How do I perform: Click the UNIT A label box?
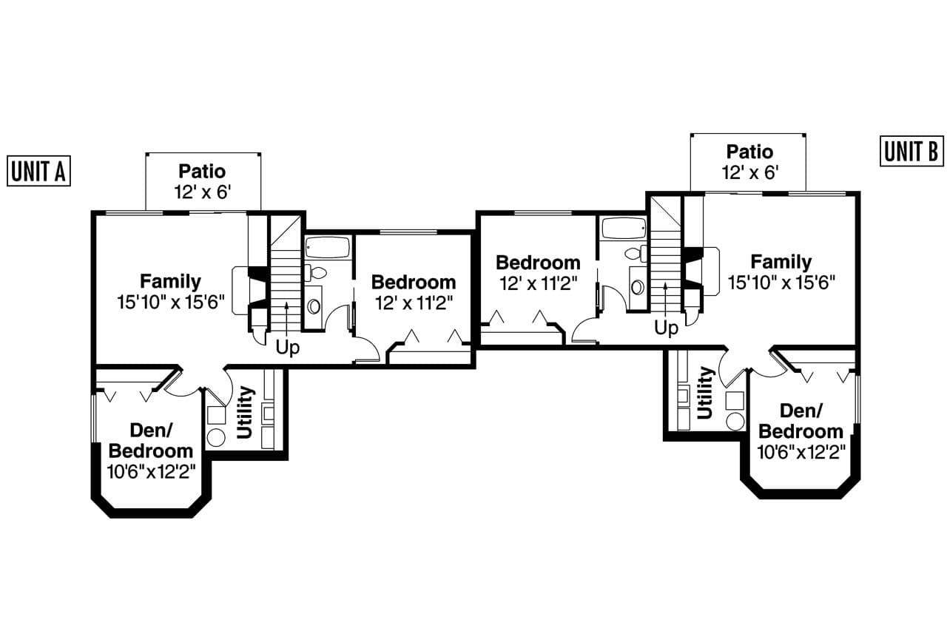pos(38,171)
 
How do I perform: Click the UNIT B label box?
pos(911,151)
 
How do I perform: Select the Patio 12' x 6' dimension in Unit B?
pos(749,173)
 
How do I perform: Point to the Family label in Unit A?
pos(170,281)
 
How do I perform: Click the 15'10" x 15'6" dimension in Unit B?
pos(781,282)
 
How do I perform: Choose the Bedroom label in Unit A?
pos(414,282)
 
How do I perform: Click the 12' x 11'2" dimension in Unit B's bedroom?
pos(538,283)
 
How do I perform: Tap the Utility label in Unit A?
pos(245,412)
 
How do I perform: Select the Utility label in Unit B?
pos(705,393)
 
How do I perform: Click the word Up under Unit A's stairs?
pos(288,348)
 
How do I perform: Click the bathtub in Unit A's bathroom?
pos(327,247)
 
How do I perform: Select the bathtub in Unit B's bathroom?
pos(624,228)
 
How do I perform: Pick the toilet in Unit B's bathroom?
pos(635,254)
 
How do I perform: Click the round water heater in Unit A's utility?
pos(215,436)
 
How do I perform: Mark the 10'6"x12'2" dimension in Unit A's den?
pos(151,471)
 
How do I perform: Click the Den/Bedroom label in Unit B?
pos(801,421)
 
